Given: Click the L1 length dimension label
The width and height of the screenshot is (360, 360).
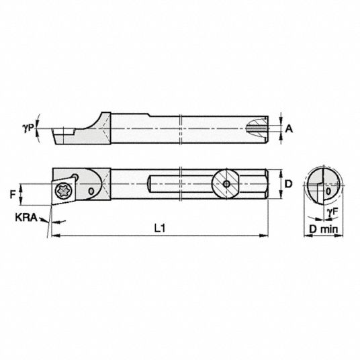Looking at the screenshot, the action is (160, 228).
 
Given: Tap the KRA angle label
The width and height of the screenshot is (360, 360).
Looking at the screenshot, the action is (26, 218).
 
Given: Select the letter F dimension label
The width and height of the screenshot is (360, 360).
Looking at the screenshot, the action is (13, 195).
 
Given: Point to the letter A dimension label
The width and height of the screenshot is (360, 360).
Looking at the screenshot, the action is (289, 128).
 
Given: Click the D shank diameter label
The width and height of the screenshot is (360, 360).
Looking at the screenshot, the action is (288, 184).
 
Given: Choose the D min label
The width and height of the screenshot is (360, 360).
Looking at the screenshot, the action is (324, 229).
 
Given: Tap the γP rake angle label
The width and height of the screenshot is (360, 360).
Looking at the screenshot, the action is (28, 128).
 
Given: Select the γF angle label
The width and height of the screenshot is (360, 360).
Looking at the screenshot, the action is (333, 212).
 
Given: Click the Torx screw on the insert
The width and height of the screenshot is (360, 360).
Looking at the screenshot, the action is (64, 191).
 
